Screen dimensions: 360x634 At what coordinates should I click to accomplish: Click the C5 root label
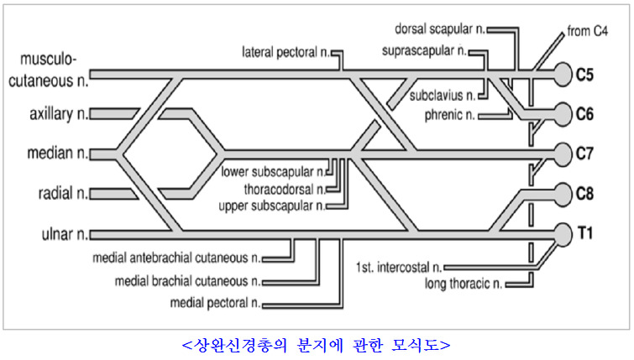pyautogui.click(x=585, y=75)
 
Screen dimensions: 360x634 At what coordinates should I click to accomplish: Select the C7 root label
pyautogui.click(x=585, y=153)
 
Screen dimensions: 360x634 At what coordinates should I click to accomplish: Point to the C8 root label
pyautogui.click(x=585, y=193)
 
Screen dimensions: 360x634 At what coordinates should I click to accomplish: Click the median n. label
pyautogui.click(x=55, y=154)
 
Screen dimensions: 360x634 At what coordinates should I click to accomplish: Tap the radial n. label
pyautogui.click(x=61, y=194)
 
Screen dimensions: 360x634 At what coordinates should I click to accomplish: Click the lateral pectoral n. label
pyautogui.click(x=285, y=52)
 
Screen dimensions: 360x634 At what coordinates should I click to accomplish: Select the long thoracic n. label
pyautogui.click(x=464, y=283)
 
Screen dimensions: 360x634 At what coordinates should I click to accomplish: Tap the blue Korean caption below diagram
pyautogui.click(x=316, y=344)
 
